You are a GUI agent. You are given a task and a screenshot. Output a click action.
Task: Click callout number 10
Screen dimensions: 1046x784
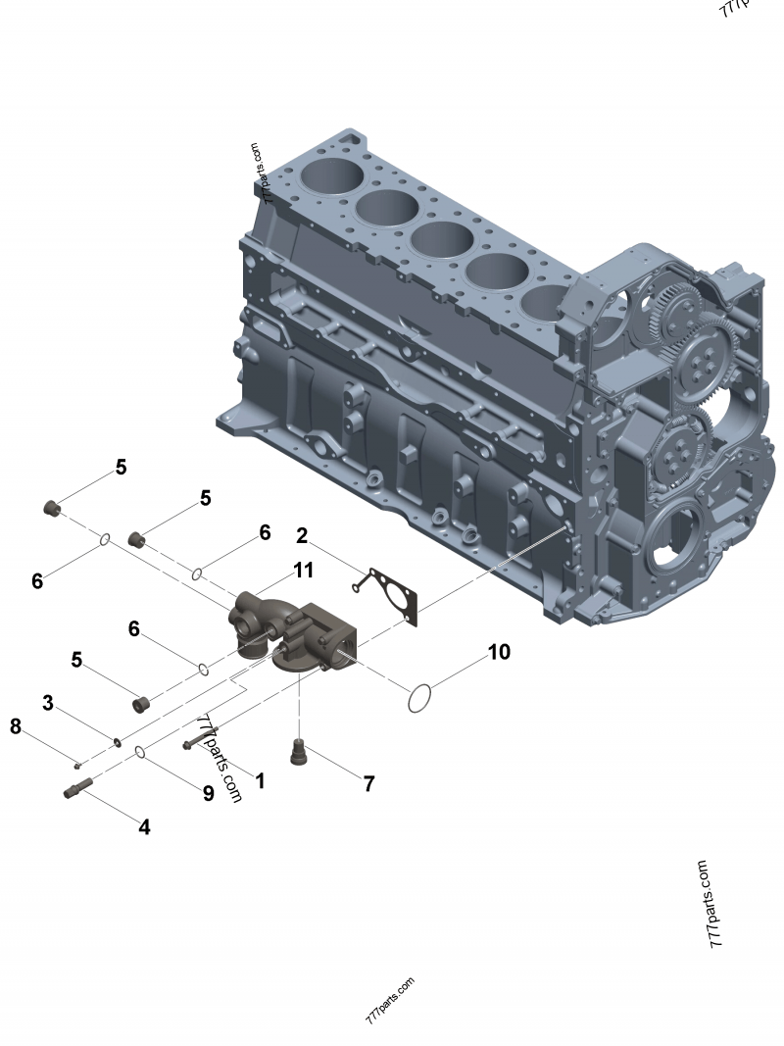click(499, 652)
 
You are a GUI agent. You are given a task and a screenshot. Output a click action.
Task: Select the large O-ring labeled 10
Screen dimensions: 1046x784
click(419, 698)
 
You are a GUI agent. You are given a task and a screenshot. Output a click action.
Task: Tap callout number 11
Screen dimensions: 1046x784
click(303, 570)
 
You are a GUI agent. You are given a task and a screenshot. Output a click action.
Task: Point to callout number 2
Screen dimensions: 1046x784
click(303, 535)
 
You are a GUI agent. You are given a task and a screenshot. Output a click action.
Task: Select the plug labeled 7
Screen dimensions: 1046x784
click(297, 752)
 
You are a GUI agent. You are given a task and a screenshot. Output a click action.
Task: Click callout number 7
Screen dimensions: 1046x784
click(368, 783)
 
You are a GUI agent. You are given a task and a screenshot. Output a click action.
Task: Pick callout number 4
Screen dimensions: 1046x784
click(144, 826)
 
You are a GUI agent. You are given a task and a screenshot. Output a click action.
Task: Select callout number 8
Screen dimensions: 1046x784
click(16, 726)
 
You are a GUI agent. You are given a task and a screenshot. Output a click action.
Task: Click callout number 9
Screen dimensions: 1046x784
click(208, 793)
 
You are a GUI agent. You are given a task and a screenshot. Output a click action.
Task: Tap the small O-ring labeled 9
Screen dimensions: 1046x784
click(141, 752)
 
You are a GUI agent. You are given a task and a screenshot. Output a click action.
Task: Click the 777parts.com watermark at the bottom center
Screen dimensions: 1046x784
click(389, 1000)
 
